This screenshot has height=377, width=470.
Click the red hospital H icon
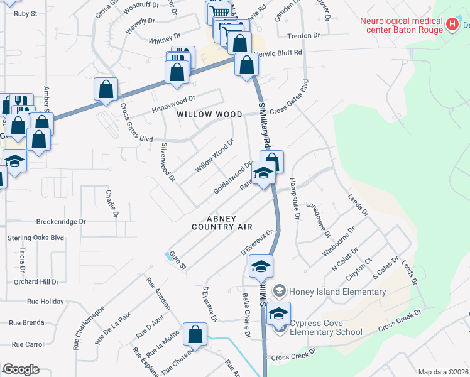pos(451,25)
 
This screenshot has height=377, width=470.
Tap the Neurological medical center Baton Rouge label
pos(400,25)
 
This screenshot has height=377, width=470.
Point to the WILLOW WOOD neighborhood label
pos(209,114)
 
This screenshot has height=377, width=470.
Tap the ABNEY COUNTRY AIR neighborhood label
pos(222,221)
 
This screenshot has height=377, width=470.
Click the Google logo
pos(21,369)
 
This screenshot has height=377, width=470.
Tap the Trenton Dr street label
pos(309,36)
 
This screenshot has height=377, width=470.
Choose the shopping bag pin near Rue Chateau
pos(195,336)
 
